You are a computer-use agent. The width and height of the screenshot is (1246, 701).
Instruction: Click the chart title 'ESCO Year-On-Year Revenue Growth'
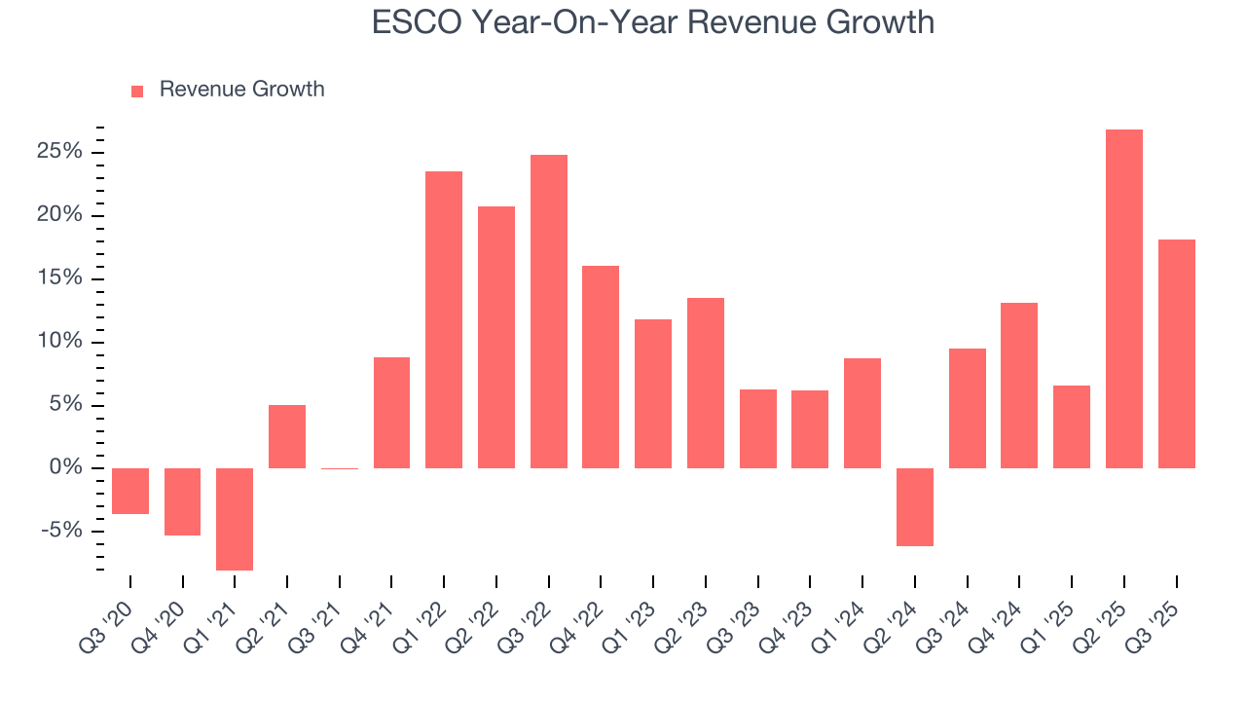pos(653,21)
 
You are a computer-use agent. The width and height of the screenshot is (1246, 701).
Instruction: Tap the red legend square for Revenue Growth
pos(137,91)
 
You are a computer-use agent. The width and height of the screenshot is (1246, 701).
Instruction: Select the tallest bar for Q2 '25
pos(1123,299)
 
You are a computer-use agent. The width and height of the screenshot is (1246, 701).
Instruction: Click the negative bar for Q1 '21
pos(235,519)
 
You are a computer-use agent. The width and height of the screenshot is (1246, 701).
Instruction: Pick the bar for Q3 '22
pos(549,312)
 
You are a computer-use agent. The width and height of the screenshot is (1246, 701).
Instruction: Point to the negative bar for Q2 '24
pos(915,507)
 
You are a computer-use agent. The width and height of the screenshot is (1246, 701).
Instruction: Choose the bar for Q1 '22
pos(444,319)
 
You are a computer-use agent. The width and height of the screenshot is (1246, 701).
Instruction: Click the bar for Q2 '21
pos(287,436)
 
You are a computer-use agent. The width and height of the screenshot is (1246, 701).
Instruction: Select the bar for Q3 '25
pos(1176,353)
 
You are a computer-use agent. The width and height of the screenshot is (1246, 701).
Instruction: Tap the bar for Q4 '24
pos(1019,386)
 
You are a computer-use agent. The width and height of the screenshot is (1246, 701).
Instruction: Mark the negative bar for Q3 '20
pos(130,491)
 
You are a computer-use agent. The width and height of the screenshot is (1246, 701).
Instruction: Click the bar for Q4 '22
pos(601,367)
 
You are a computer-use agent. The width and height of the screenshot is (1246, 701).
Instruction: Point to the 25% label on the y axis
pos(60,152)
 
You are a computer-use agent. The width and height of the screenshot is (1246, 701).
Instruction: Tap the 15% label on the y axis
pos(60,278)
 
